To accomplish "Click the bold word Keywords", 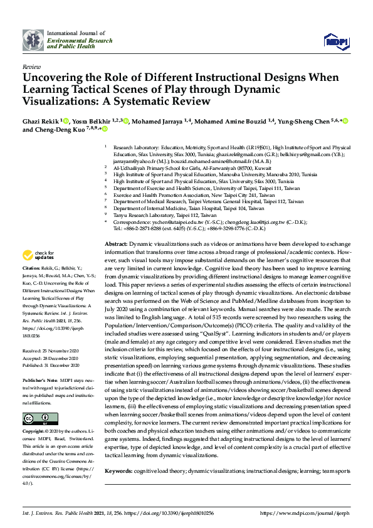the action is (118, 470).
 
